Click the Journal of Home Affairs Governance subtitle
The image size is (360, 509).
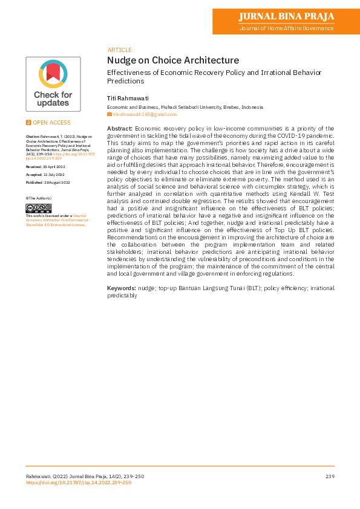tap(286, 28)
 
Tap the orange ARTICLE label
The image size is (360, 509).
tap(119, 50)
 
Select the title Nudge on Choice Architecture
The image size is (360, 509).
tap(173, 60)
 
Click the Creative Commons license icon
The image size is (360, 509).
tap(38, 209)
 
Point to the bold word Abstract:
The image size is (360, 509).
tap(120, 129)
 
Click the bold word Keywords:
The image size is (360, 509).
tap(122, 288)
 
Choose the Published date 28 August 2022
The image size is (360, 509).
tap(48, 182)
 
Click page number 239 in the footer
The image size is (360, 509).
tap(329, 477)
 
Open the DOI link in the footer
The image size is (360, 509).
tap(78, 482)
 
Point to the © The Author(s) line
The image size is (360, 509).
tap(38, 198)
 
